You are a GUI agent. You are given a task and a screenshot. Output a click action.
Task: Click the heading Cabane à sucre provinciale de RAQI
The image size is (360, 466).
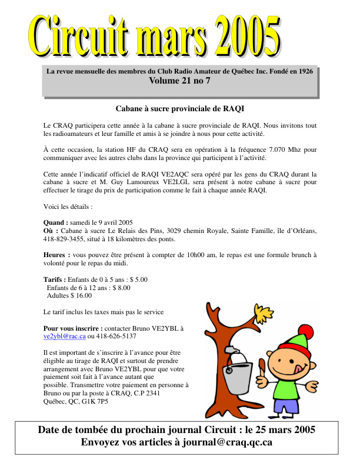[179, 109]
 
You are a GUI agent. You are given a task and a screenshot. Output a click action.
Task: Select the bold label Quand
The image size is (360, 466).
[55, 222]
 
